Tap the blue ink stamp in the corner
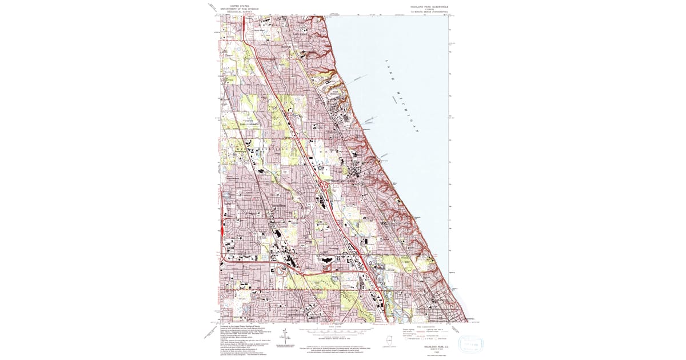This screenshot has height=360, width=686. click(x=472, y=345)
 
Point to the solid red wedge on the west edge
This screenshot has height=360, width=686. click(x=221, y=229)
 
